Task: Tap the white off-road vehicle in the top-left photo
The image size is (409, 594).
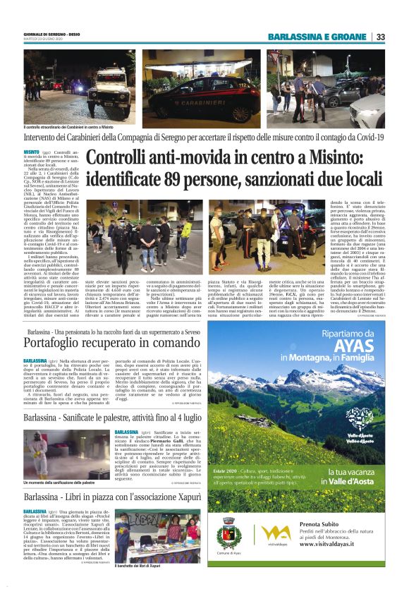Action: tap(106, 93)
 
